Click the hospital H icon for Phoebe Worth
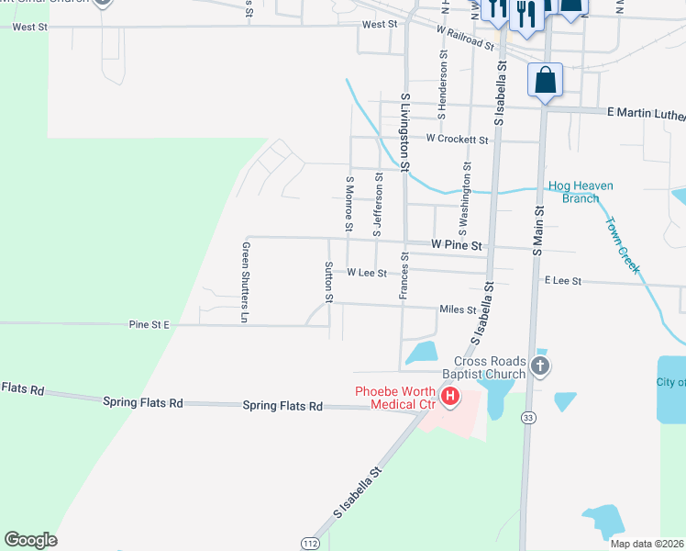click(x=450, y=398)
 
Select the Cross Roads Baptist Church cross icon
click(x=540, y=367)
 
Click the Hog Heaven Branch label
click(x=581, y=192)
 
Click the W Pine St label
click(x=457, y=246)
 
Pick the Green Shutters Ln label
click(x=245, y=282)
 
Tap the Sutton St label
click(x=328, y=282)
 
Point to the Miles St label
click(x=458, y=310)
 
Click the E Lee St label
click(x=563, y=280)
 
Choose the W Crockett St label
click(x=457, y=139)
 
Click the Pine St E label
click(x=149, y=324)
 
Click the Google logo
click(x=30, y=540)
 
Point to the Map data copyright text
click(x=647, y=544)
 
